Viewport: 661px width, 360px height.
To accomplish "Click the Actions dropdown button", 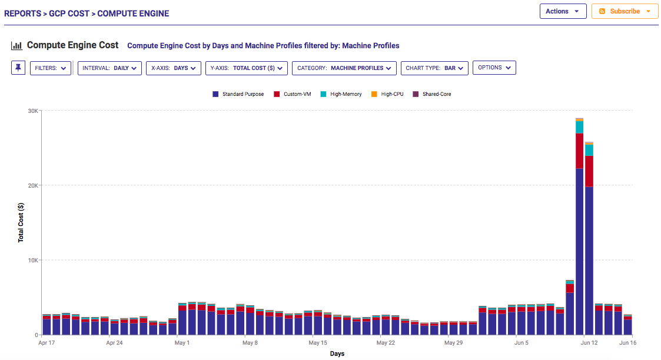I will [563, 11].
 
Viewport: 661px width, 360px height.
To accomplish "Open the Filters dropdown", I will [50, 68].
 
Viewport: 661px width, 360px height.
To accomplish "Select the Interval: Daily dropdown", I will [109, 68].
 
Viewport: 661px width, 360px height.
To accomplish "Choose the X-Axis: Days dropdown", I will [173, 68].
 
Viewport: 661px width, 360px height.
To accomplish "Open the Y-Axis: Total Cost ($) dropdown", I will [246, 68].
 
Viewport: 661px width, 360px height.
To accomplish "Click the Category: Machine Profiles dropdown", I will [344, 68].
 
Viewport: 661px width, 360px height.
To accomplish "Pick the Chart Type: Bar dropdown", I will [434, 68].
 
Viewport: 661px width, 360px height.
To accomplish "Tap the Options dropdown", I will [494, 68].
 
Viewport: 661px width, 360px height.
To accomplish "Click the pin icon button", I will [18, 68].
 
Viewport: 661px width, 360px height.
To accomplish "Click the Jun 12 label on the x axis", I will [589, 342].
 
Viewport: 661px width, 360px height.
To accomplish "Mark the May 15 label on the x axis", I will [317, 342].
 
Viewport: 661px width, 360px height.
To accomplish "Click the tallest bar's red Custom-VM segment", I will [580, 151].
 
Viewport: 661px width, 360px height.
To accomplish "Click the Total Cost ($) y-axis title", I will [21, 222].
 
